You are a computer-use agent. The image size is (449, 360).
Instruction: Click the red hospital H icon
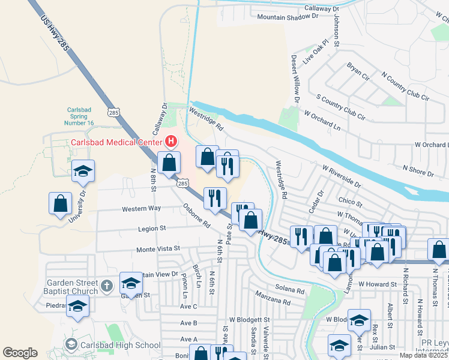tap(171, 142)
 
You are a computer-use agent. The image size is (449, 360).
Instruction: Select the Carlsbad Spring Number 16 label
tap(80, 115)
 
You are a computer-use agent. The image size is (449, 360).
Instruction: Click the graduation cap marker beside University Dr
tap(83, 171)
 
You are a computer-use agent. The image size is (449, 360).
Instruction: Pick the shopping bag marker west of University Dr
tap(60, 203)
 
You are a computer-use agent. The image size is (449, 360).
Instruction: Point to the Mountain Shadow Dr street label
tap(288, 17)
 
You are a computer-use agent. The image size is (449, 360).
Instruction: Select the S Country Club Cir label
tap(340, 103)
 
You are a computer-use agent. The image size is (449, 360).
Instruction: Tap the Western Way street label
tap(141, 209)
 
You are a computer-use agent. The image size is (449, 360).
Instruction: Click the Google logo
tap(20, 353)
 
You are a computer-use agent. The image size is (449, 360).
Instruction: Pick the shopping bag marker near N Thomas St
tap(439, 250)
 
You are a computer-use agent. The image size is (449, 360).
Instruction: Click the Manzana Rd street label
tap(271, 296)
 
